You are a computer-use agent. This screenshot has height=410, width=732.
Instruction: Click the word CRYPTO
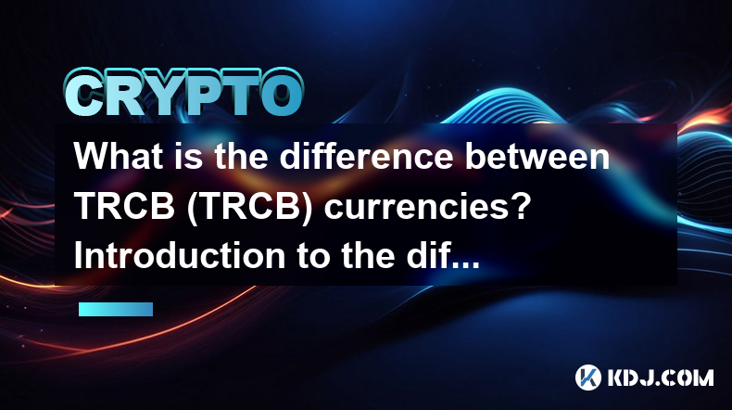click(183, 93)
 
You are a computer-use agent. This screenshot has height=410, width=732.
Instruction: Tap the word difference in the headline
click(366, 156)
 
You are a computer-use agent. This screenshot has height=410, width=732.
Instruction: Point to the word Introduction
click(180, 256)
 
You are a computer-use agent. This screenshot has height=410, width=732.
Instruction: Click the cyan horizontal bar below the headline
click(116, 309)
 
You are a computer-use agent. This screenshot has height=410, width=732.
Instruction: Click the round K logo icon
click(588, 378)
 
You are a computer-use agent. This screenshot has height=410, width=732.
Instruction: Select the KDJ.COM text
click(661, 378)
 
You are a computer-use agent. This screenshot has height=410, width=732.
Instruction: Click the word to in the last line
click(313, 257)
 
